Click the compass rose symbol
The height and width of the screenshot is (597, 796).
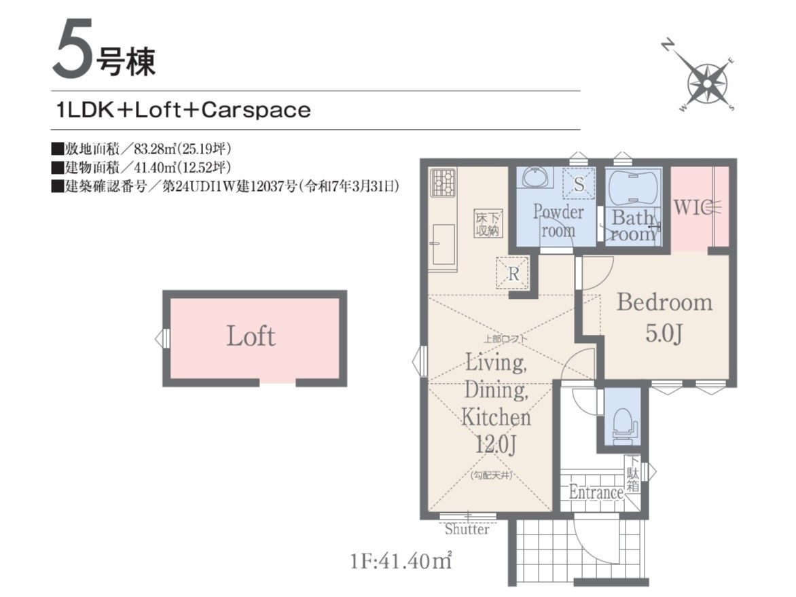(x=706, y=82)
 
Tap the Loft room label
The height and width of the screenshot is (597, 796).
(x=251, y=337)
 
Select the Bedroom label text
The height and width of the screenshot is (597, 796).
(x=664, y=302)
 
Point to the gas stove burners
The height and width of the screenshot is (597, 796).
(x=444, y=183)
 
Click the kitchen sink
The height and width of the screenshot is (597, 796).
(x=444, y=245)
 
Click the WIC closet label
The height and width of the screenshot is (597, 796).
(x=691, y=207)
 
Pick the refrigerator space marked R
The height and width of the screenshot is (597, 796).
(x=513, y=274)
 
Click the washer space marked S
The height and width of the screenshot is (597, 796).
(x=579, y=184)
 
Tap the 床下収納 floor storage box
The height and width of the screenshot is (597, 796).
(x=488, y=224)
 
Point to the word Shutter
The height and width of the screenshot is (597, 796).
(x=467, y=530)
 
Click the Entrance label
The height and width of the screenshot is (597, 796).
(x=596, y=492)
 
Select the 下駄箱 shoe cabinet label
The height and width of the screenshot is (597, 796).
(x=632, y=473)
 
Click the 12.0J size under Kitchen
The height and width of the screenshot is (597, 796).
(x=496, y=445)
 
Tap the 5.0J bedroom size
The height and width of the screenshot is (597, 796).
(x=664, y=333)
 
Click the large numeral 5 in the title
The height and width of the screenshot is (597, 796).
(x=73, y=49)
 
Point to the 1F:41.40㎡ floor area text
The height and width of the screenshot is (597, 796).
(x=401, y=561)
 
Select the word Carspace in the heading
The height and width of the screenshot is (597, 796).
(x=256, y=110)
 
